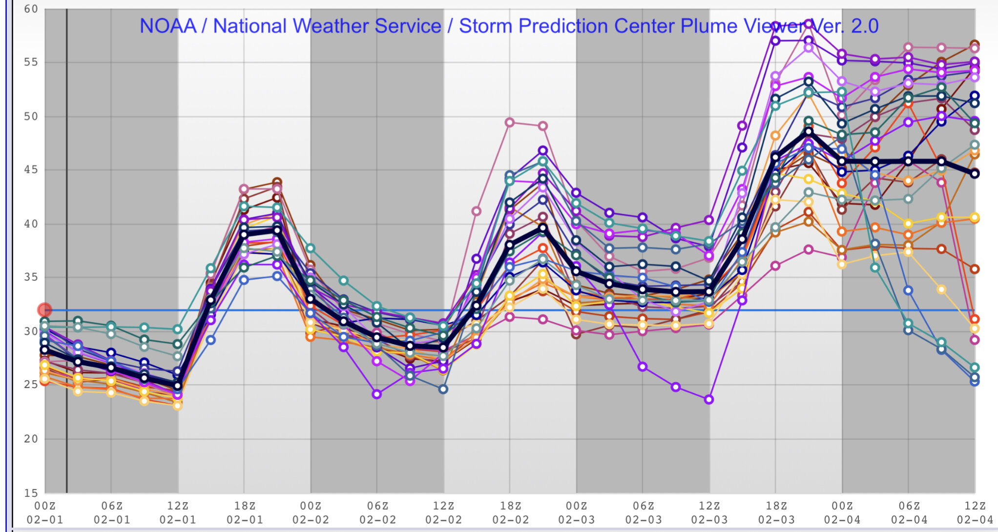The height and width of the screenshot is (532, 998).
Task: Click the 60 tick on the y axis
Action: point(31,9)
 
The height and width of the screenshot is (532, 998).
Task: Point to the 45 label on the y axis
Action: point(31,170)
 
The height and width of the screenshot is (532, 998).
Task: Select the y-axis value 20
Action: point(31,439)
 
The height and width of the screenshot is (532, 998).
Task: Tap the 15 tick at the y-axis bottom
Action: point(31,492)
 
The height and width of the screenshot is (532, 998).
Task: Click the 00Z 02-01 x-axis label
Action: point(45,512)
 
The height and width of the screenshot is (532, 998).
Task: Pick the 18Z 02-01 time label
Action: point(244,512)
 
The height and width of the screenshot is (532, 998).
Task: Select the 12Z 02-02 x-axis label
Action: point(443,512)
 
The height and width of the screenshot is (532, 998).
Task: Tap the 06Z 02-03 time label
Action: point(643,512)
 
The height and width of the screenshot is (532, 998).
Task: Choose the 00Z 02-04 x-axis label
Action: point(842,512)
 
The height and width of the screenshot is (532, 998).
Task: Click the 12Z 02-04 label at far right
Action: point(975,512)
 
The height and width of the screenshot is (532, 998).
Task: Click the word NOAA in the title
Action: point(168,26)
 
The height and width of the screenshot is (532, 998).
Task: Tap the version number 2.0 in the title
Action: point(865,26)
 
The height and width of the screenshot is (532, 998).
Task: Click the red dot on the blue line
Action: point(44,310)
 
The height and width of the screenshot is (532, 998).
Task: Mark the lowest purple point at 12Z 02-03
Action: point(709,400)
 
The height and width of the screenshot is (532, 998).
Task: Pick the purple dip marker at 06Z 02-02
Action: point(376,394)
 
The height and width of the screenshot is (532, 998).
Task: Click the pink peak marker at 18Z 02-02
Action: point(510,122)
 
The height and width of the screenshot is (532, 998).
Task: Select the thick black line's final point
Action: point(975,173)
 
